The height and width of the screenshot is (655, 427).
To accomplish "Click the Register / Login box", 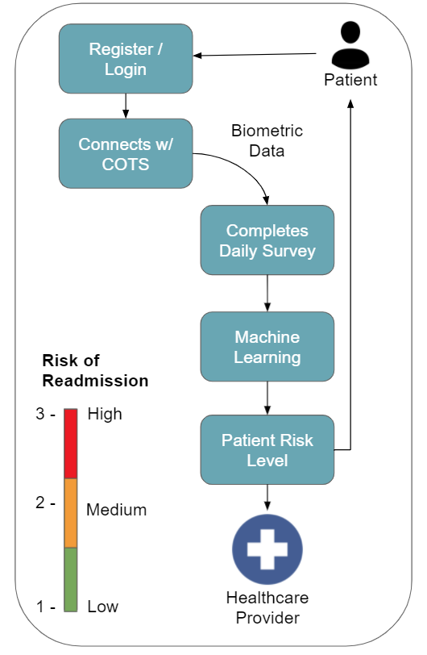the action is (126, 58).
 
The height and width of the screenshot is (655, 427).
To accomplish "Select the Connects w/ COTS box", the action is (126, 153).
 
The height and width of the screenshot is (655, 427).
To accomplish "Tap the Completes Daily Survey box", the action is (267, 240).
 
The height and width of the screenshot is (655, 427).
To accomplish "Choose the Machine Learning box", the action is (267, 346).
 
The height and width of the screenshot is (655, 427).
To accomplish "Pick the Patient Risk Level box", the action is (267, 449).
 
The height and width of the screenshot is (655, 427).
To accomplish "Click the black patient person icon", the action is (350, 45).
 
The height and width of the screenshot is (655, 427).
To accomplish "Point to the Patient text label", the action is (350, 80).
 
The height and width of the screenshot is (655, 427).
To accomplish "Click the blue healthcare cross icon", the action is (267, 549).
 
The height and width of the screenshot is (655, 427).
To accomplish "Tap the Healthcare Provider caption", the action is (267, 607).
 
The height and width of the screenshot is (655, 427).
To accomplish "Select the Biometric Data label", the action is (267, 140).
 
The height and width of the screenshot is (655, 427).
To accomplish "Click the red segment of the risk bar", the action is (71, 444).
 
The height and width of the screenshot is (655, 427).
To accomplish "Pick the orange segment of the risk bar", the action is (71, 513).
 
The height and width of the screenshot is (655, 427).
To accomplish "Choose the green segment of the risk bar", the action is (71, 580).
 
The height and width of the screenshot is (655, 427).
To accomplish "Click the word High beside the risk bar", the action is (105, 414).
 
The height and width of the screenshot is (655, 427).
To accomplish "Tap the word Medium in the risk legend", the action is (117, 510).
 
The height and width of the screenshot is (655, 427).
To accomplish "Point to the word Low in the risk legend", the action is (102, 607).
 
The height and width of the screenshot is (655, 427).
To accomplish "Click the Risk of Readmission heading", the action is (95, 370).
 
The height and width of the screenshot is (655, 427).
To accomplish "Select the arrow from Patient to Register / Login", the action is (255, 54).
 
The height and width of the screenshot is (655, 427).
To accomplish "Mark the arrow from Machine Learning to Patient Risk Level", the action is (267, 398).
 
